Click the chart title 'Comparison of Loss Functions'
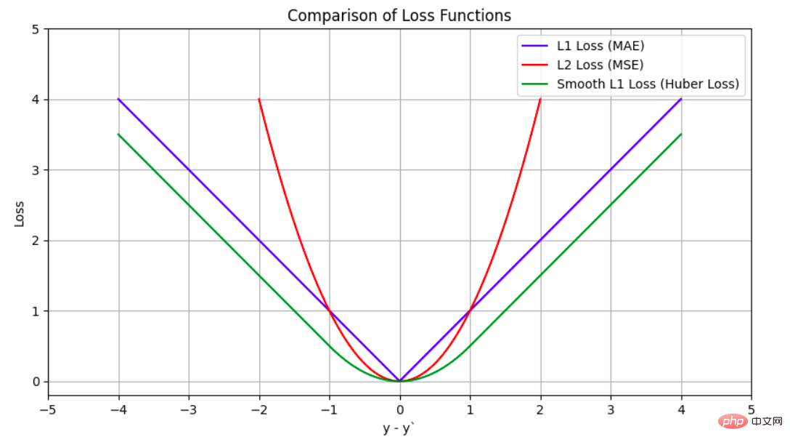click(x=399, y=15)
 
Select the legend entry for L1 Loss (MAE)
click(x=600, y=46)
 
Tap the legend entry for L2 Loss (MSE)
click(x=600, y=65)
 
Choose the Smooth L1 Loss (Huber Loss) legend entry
click(x=648, y=84)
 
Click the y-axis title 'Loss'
click(x=20, y=212)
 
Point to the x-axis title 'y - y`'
click(x=399, y=428)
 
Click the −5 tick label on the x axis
click(x=48, y=409)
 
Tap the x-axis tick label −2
click(x=258, y=409)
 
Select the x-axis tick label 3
click(x=611, y=409)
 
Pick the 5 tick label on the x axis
click(x=751, y=409)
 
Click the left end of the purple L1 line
click(x=118, y=99)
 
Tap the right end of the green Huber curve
click(x=681, y=134)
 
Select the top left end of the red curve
click(x=259, y=99)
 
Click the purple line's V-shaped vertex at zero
click(x=399, y=381)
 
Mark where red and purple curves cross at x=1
click(x=470, y=311)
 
